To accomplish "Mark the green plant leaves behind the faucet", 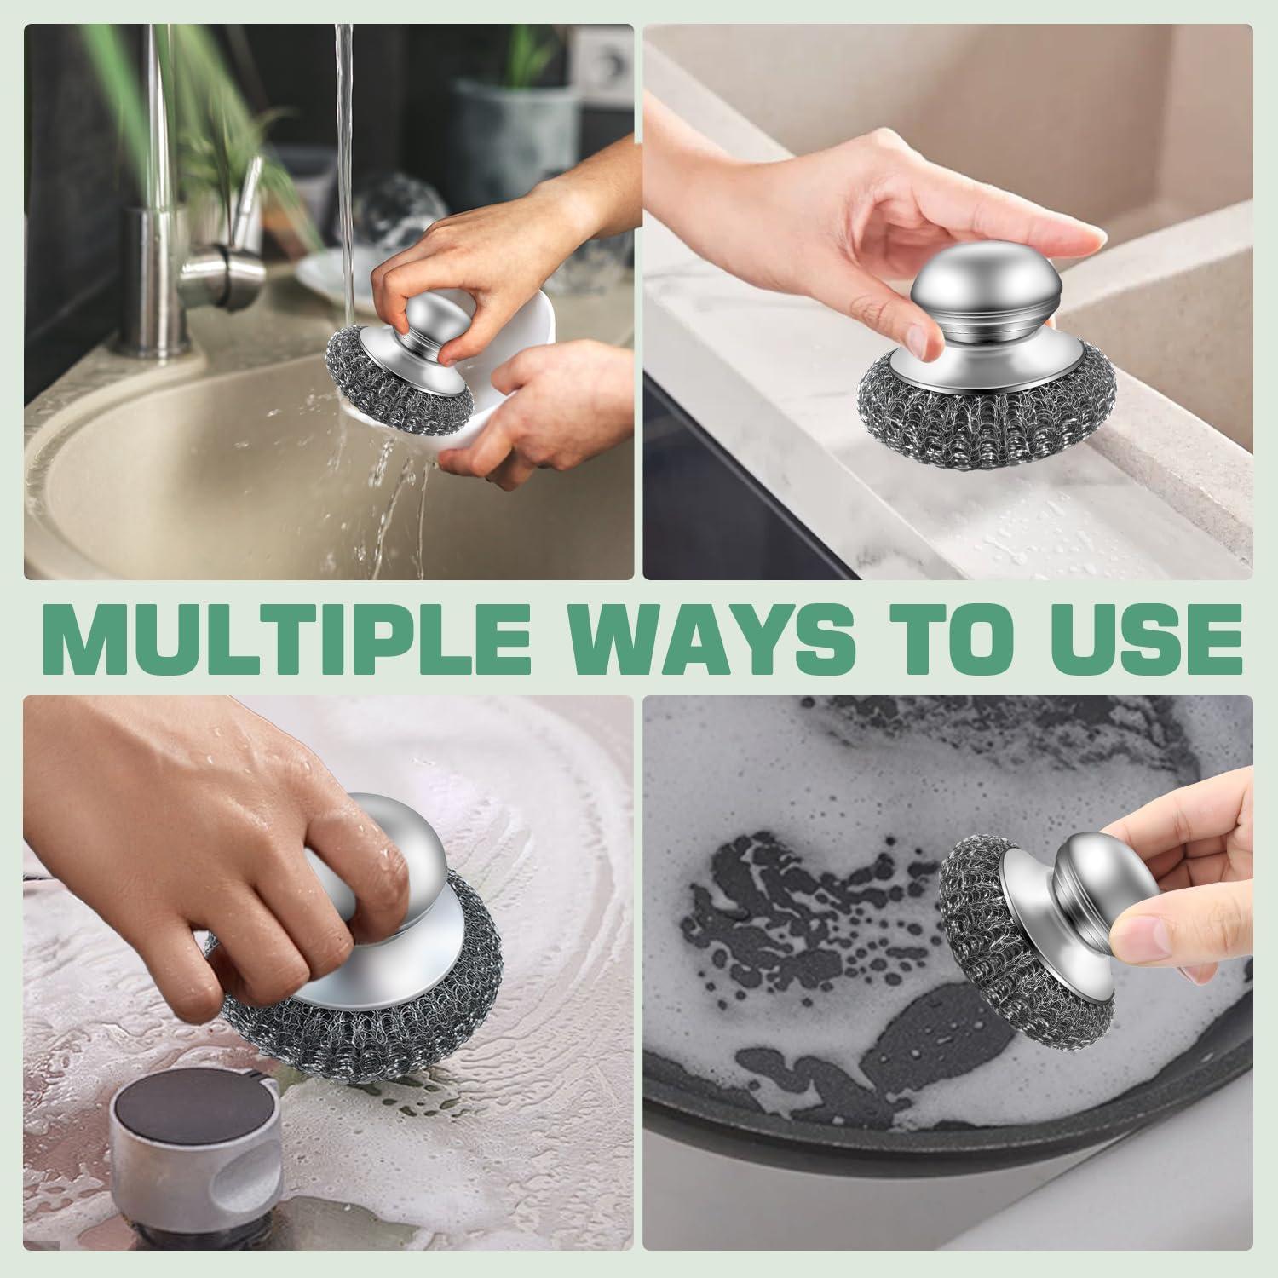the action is pyautogui.click(x=213, y=128).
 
